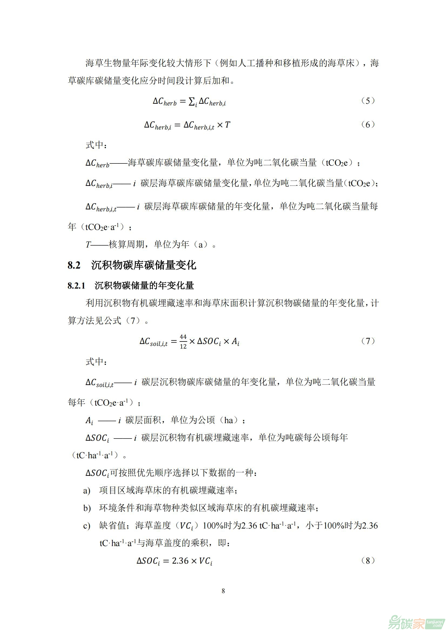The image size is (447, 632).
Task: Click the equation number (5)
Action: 368,101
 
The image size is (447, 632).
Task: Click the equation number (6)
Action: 368,125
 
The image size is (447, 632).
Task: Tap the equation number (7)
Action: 368,341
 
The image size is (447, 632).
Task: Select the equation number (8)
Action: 368,561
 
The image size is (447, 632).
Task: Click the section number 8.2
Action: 74,265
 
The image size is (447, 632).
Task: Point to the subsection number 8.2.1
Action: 76,286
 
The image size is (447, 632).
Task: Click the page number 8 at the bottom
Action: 223,591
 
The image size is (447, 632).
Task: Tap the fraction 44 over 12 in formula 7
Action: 183,342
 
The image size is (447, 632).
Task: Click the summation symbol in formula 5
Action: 192,102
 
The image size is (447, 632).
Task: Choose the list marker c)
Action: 87,526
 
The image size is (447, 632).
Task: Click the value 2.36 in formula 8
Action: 180,561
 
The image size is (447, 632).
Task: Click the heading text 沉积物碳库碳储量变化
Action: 144,265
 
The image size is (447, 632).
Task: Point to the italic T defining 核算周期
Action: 88,245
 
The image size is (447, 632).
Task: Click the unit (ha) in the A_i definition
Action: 229,420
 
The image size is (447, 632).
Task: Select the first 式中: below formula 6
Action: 96,145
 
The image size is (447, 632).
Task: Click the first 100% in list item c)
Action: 213,526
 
